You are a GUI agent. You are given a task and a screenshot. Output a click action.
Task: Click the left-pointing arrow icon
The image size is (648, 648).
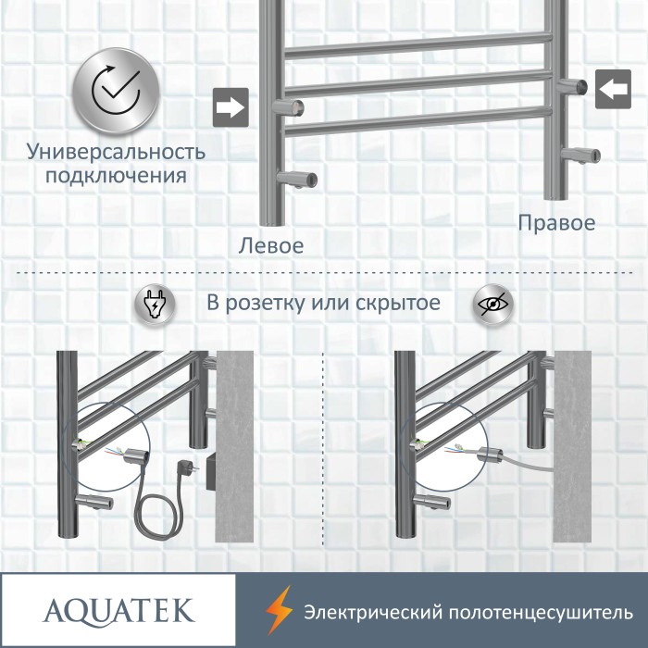click(612, 89)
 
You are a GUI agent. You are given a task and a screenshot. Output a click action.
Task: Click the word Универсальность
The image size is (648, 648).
click(116, 152)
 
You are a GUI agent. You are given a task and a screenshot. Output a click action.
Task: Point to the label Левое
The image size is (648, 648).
click(271, 246)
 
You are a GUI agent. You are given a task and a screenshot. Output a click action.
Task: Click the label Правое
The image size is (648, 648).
click(556, 223)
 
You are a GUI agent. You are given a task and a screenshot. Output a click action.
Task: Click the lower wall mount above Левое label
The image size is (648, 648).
click(300, 177)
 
